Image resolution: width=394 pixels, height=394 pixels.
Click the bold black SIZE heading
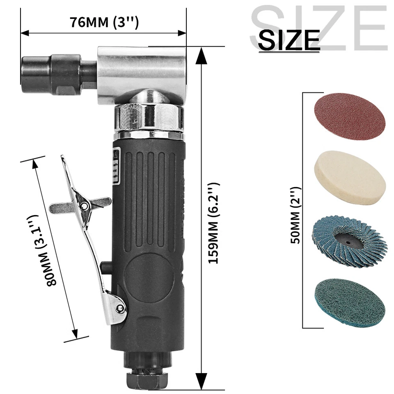pos(289,40)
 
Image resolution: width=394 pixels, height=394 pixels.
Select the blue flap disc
pos(349,236)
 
